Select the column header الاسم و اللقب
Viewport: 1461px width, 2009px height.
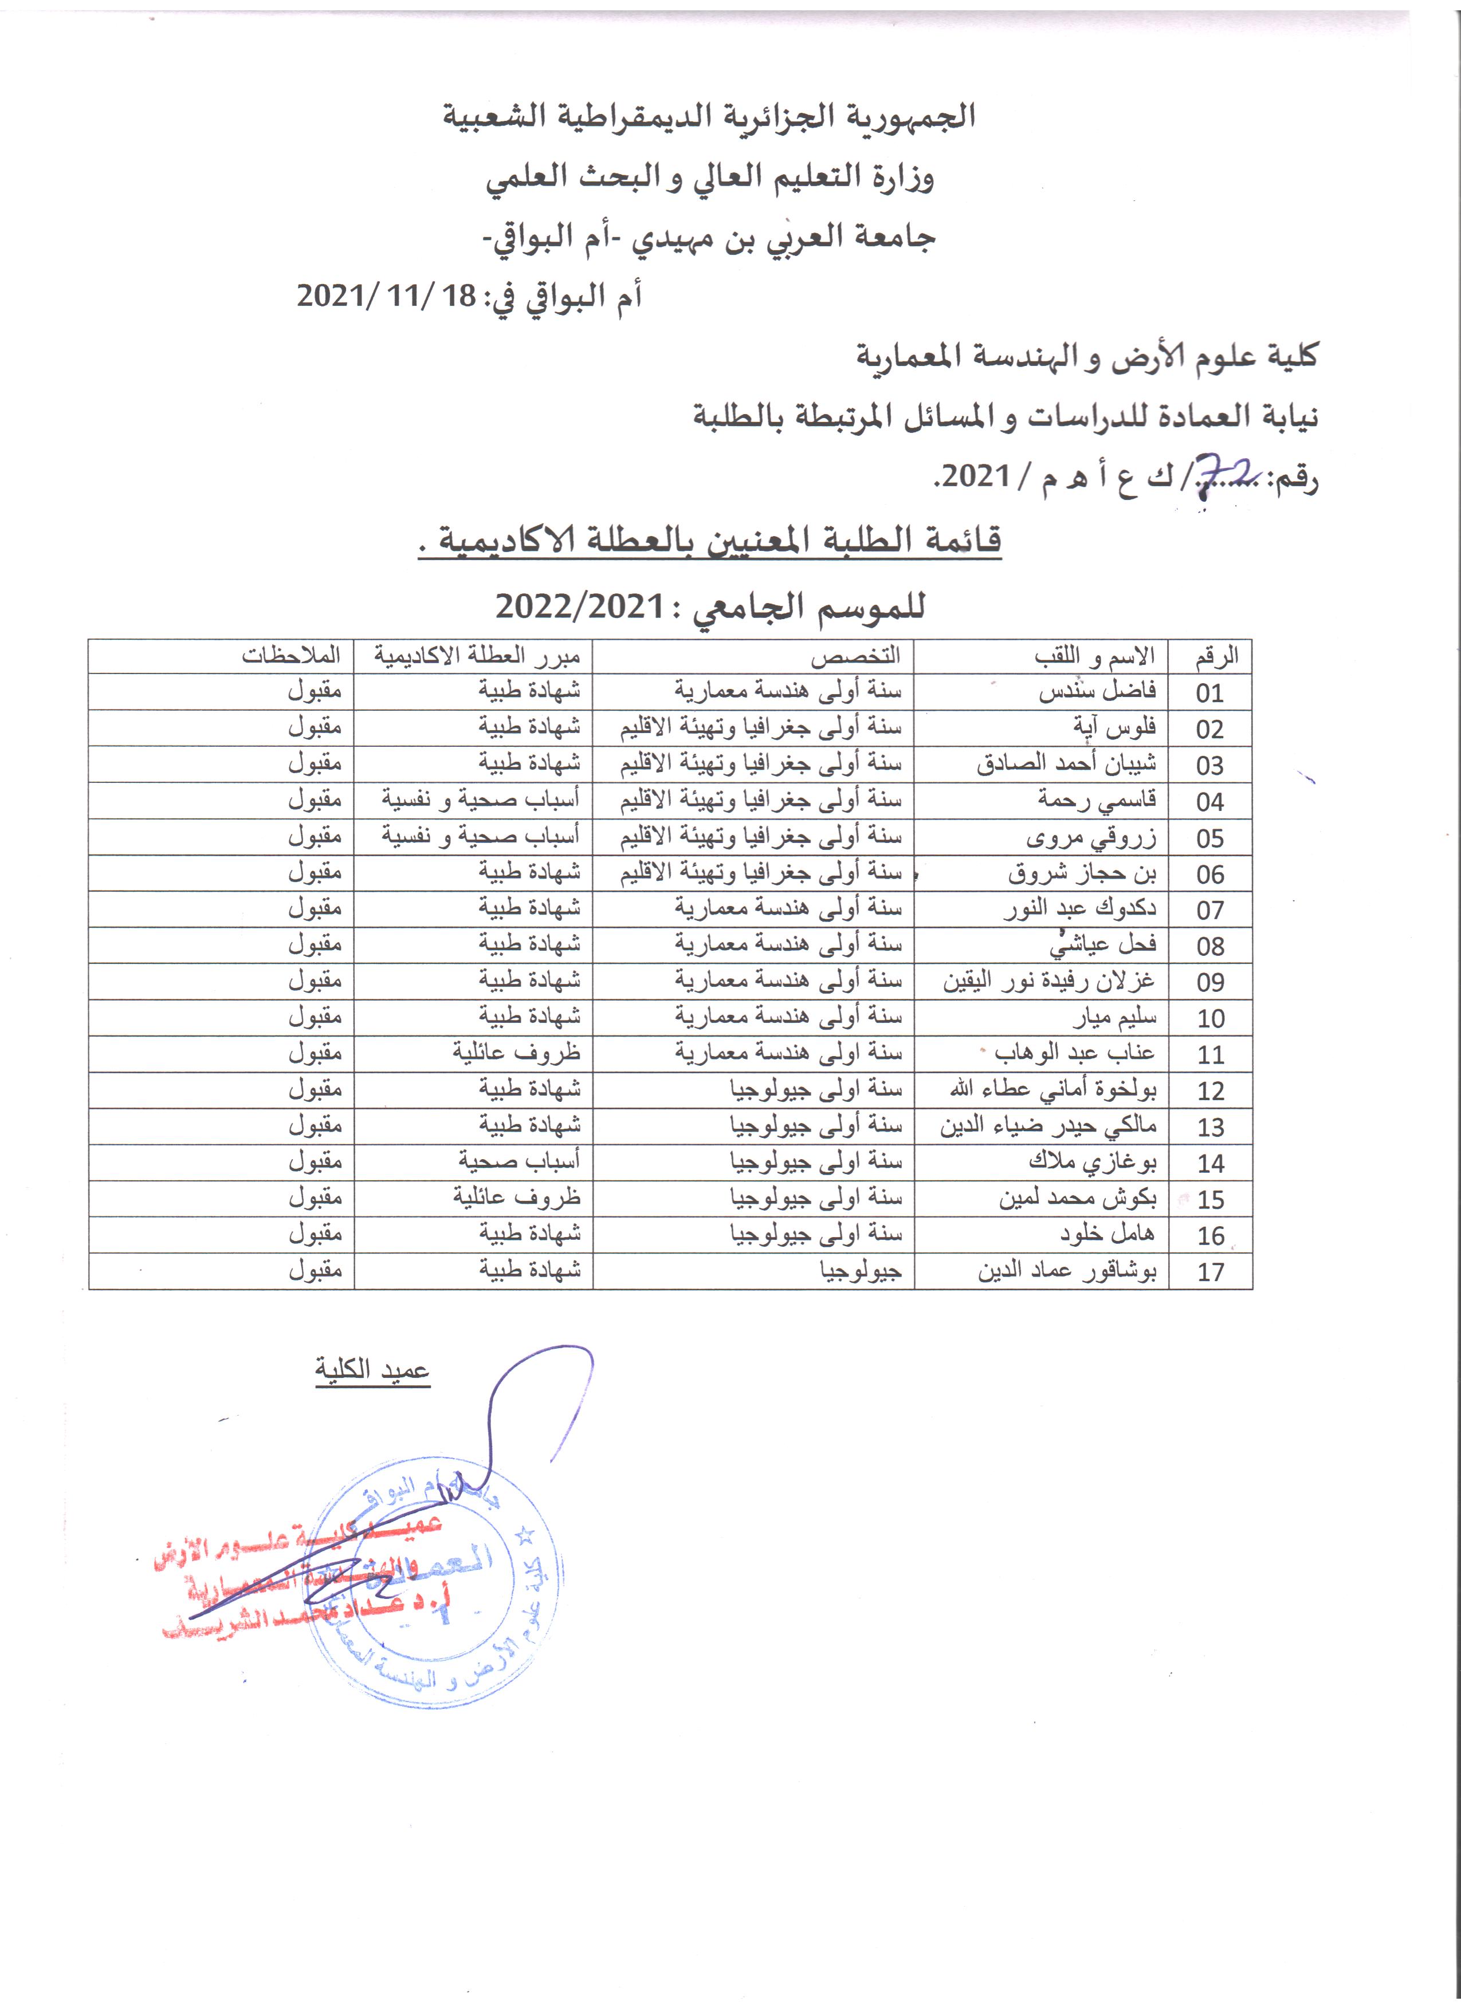(x=1094, y=656)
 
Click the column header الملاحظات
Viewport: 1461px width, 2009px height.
(x=292, y=656)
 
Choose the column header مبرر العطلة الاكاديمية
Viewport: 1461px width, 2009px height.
(x=477, y=656)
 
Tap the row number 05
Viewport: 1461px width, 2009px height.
(x=1209, y=838)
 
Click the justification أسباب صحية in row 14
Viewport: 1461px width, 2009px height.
(x=519, y=1162)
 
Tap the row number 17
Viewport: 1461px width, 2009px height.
(x=1210, y=1272)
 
